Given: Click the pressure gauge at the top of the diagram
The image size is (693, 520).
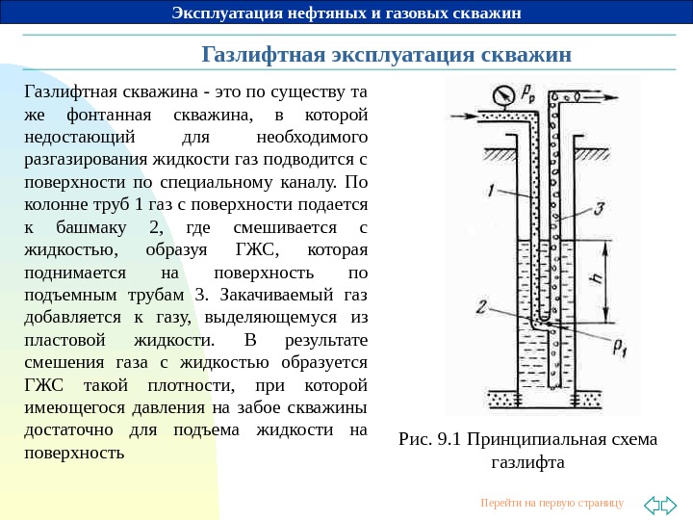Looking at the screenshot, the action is point(500,94).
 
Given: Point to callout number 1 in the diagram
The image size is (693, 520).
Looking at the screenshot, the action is point(492,193).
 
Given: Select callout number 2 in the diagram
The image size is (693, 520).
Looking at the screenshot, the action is point(480,307).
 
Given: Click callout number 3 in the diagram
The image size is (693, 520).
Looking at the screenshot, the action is point(599,208).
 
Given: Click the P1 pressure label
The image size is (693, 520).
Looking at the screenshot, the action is point(619,348).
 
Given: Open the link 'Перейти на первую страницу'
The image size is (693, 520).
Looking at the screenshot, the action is point(552,503).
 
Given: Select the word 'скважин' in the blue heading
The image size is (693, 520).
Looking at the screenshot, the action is point(530,53).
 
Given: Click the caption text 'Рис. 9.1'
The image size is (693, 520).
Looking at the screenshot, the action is point(430,440).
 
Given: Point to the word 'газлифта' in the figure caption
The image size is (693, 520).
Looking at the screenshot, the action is point(526,462).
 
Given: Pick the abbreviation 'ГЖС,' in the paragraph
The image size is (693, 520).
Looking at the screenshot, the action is point(256,250).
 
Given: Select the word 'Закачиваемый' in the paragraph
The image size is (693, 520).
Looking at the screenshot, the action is point(280,295).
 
